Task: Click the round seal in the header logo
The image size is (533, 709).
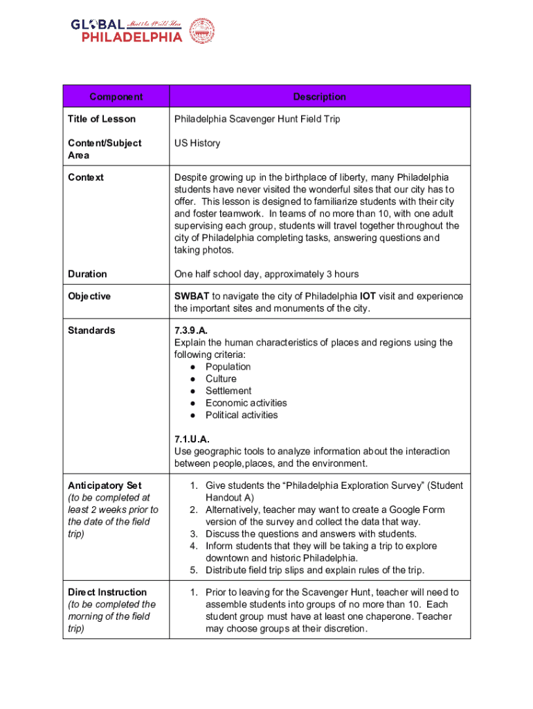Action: pos(201,31)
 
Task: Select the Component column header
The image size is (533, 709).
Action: pos(116,97)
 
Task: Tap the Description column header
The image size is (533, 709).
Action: pos(319,97)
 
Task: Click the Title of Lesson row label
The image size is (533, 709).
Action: pos(102,119)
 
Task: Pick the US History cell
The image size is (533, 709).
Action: pos(197,143)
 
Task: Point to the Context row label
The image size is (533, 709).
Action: pos(86,178)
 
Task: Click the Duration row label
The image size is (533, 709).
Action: pos(87,274)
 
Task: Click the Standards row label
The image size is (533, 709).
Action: pos(91,331)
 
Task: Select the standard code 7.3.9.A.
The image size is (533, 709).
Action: pos(192,331)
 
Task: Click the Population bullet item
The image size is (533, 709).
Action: pos(228,367)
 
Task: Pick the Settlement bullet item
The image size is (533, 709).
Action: pos(228,391)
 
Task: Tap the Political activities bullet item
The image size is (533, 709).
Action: pos(242,415)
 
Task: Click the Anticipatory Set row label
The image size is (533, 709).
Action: pos(105,486)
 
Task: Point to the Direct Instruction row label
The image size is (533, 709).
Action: pos(107,593)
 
